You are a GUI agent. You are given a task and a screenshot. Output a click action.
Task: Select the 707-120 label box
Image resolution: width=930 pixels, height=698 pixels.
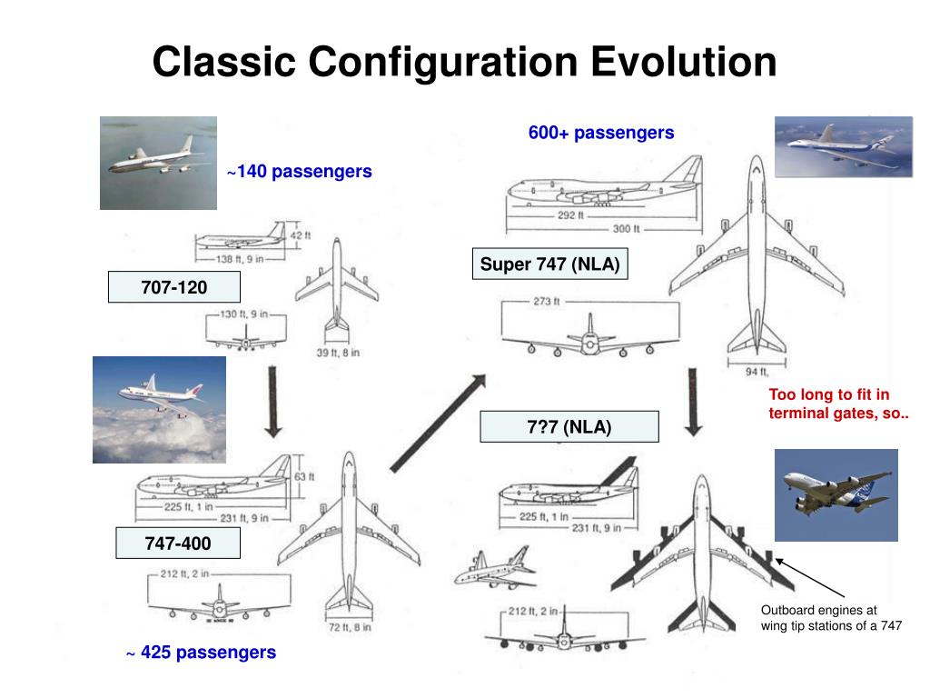pyautogui.click(x=173, y=287)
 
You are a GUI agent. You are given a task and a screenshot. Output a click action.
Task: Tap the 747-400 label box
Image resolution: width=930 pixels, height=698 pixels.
pyautogui.click(x=177, y=544)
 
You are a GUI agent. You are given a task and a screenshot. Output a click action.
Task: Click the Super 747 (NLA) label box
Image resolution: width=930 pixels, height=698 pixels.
pyautogui.click(x=549, y=264)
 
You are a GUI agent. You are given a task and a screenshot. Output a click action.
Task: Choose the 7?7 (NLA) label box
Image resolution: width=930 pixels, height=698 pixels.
pyautogui.click(x=569, y=426)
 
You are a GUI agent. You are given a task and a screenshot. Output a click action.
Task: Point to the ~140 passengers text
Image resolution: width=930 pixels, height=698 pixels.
pyautogui.click(x=299, y=171)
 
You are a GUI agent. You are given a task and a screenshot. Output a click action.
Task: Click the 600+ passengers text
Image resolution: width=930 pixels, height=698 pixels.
pyautogui.click(x=601, y=133)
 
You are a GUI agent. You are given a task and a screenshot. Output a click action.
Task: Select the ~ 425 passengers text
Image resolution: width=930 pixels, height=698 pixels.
pyautogui.click(x=201, y=653)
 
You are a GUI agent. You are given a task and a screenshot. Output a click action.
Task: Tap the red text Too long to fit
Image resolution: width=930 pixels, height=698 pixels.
pyautogui.click(x=829, y=394)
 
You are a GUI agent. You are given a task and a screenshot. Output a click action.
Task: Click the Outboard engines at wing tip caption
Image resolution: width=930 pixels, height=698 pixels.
pyautogui.click(x=831, y=618)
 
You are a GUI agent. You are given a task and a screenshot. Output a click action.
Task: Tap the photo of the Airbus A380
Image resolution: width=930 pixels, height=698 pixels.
pyautogui.click(x=836, y=494)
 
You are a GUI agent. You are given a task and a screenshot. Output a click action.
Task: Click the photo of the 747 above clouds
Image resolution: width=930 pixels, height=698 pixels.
pyautogui.click(x=159, y=409)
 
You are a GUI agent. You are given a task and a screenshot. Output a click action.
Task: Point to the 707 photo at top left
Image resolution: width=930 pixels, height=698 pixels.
pyautogui.click(x=158, y=163)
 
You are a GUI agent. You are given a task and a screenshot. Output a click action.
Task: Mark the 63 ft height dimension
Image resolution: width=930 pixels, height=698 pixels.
pyautogui.click(x=304, y=476)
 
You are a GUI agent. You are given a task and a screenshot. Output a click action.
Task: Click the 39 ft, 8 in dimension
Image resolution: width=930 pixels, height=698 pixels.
pyautogui.click(x=338, y=353)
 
